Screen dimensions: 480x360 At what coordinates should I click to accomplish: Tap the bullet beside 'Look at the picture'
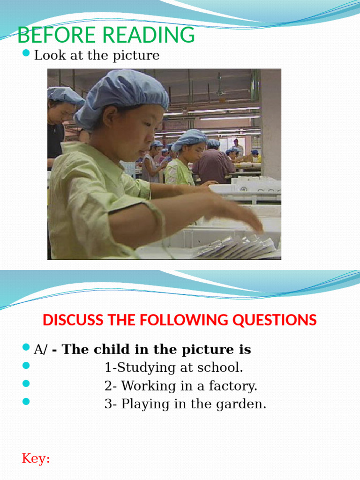point(26,55)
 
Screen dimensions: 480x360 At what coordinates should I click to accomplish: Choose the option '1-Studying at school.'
point(173,367)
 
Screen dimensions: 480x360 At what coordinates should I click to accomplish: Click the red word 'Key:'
point(36,459)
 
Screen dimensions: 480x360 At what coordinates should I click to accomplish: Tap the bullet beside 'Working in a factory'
point(26,383)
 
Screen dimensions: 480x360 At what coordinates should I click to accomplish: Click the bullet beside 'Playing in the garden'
point(26,401)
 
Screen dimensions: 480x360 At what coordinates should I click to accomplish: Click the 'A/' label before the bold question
point(41,350)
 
